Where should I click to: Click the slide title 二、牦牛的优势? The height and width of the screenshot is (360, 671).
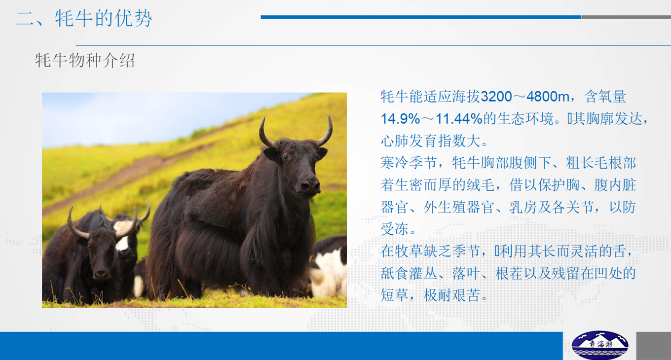coord(84,19)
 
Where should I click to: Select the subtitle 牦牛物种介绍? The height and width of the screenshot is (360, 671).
coord(85,60)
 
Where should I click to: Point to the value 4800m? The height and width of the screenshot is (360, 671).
coord(548,97)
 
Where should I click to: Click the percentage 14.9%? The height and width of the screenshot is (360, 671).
coord(400,118)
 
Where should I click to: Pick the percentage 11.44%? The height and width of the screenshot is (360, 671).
coord(459,118)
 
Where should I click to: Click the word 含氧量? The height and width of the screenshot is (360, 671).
coord(605,97)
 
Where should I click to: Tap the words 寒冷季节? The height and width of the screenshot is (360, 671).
coord(409,163)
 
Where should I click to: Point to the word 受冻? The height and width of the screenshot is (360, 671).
coord(394,229)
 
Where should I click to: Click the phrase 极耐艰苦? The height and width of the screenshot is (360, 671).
coord(452,295)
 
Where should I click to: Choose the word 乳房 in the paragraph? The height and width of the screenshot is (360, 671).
coord(522,207)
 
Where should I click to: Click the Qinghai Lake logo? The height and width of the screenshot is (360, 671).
coord(600,345)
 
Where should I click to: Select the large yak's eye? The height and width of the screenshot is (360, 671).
coord(286,157)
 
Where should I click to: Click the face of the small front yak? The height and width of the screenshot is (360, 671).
coord(101,254)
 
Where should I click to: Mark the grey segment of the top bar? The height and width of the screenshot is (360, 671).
coord(627,17)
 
